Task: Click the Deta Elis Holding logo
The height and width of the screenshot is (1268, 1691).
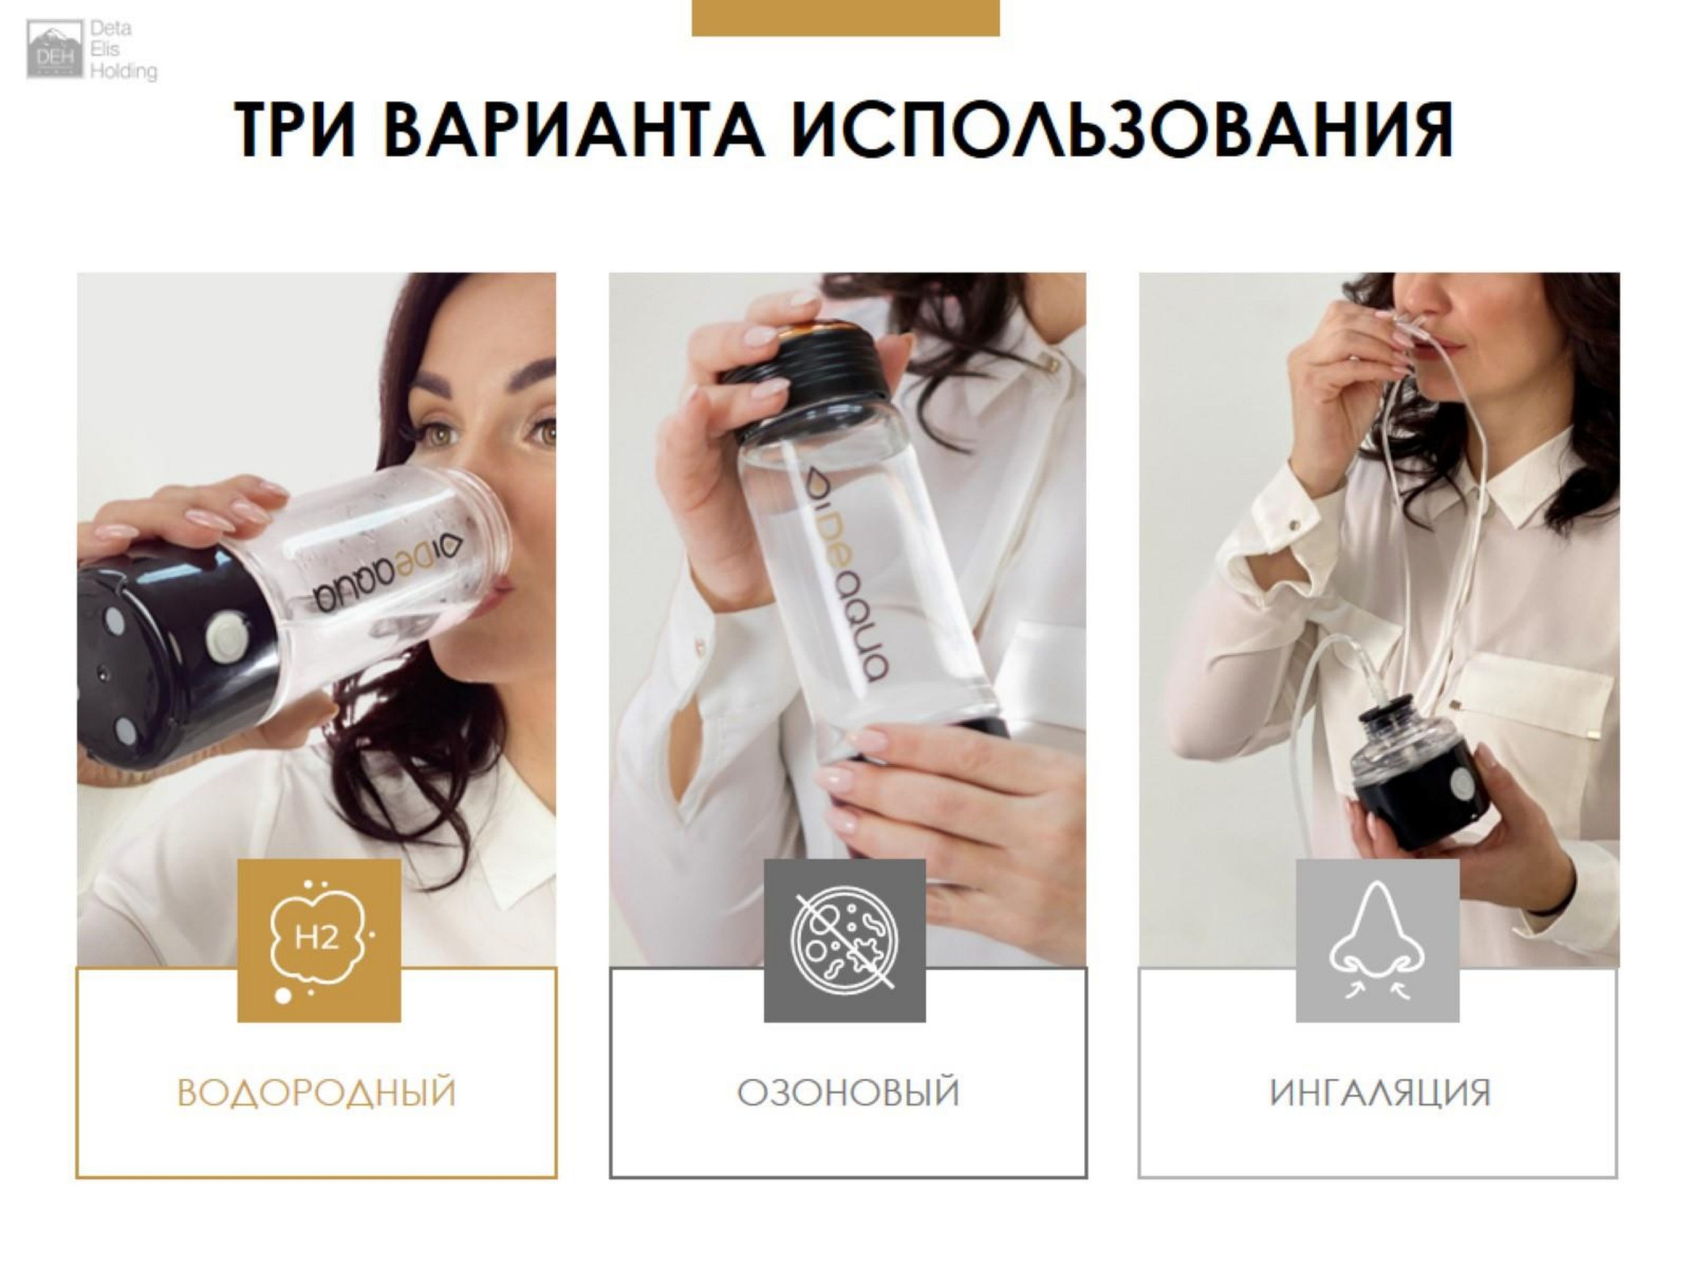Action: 92,50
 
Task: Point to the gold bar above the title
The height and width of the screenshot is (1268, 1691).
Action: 845,18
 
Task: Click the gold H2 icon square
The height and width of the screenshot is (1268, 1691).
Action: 319,941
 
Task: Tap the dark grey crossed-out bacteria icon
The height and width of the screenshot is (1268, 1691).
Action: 845,941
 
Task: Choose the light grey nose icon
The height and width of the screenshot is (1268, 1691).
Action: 1377,941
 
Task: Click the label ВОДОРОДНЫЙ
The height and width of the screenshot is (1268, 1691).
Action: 316,1092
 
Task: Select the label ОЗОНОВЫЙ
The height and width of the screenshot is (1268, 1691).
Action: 847,1092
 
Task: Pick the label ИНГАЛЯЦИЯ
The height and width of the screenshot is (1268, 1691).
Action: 1380,1092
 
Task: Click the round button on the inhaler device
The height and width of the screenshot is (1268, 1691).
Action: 1462,783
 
